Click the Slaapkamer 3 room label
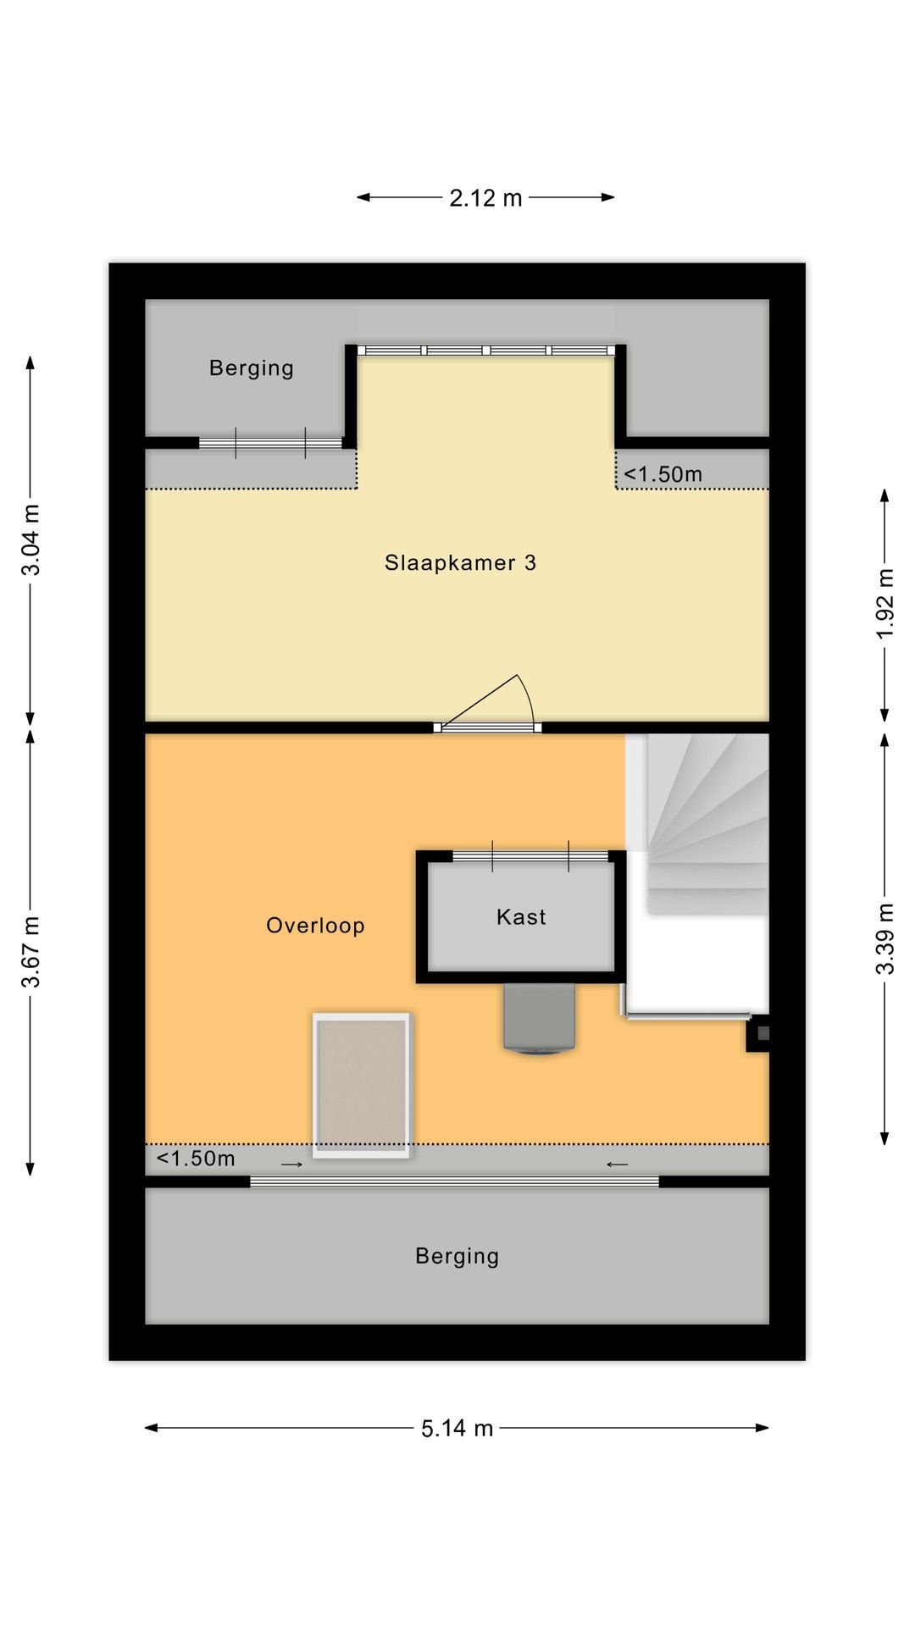460,563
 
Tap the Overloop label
315,926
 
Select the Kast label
521,917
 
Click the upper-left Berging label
252,368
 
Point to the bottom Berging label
457,1256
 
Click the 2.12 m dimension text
485,198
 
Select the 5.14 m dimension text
457,1429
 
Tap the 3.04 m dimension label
30,539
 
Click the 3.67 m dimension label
30,952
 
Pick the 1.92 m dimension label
884,604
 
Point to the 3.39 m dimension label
884,939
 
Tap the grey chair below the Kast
540,1019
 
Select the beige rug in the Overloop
362,1085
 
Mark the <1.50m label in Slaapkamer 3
663,474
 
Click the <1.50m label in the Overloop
196,1159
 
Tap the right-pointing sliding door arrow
291,1164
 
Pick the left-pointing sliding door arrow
617,1164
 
